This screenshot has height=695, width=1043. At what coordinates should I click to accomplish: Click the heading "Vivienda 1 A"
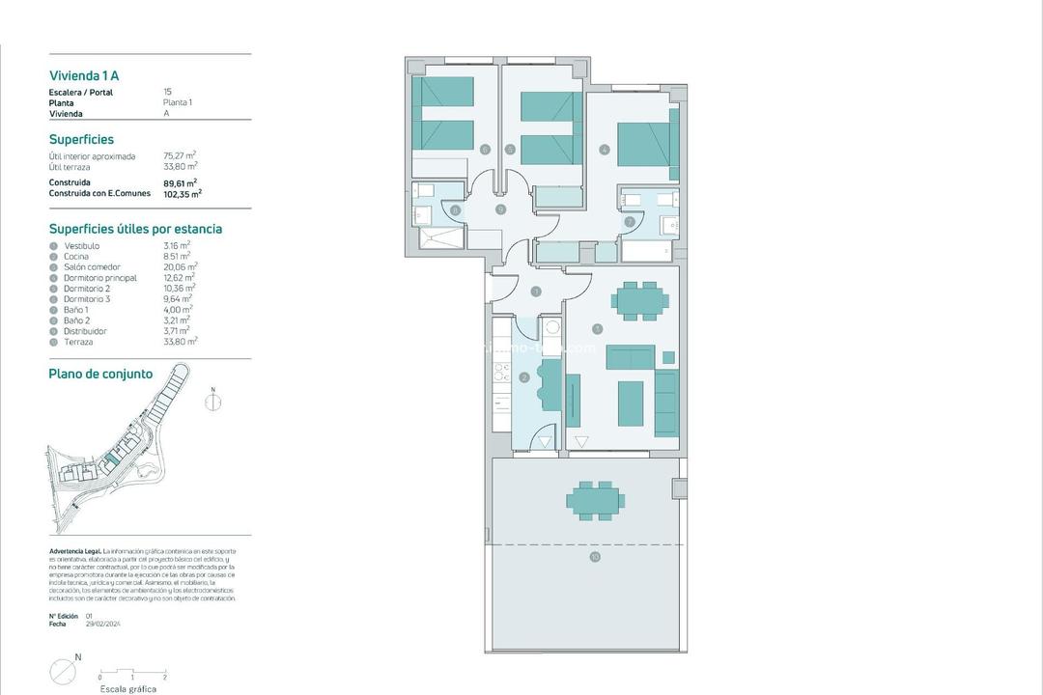point(84,75)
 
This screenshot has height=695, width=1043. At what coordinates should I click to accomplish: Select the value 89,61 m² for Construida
point(181,182)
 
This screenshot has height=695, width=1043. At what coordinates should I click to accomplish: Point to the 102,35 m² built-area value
point(183,193)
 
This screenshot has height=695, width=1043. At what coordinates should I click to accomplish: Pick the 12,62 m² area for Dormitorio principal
point(180,278)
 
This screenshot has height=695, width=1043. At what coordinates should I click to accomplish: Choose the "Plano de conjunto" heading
point(100,375)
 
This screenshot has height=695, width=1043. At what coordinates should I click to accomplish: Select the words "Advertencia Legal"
point(74,551)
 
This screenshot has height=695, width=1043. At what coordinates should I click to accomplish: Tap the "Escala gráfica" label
point(128,689)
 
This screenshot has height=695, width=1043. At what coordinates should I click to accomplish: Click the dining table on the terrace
point(595,499)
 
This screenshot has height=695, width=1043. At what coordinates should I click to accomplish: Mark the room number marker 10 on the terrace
point(595,557)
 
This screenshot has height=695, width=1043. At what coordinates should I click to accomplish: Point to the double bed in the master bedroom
point(640,145)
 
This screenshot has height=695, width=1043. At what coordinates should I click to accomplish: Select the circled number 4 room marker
point(605,150)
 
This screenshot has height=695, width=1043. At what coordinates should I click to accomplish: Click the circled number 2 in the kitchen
point(524,377)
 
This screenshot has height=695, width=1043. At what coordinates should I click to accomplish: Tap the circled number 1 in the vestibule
point(535,291)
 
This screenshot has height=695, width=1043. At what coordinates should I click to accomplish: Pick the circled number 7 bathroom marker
point(630,221)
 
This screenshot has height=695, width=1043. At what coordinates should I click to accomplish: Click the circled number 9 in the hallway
point(500,208)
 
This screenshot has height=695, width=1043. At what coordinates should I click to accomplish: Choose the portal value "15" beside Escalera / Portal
point(168,93)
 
